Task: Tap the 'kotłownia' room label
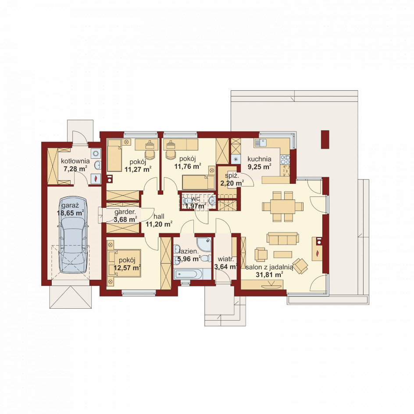coord(75,161)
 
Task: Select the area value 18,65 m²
coord(70,213)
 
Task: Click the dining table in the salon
coord(282,207)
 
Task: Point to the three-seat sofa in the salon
coord(282,239)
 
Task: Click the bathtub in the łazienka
coord(186,274)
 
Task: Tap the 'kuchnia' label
coord(259,159)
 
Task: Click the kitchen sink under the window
coord(261,143)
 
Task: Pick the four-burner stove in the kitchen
coord(285,160)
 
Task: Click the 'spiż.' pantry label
coord(232,175)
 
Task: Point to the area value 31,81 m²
coord(269,275)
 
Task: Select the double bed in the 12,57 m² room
coord(124,263)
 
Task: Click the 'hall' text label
coord(159,217)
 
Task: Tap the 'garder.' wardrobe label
coord(125,212)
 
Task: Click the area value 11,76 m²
coord(187,167)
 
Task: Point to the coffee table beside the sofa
coord(283,254)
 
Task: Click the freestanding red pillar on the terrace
coord(325,139)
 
